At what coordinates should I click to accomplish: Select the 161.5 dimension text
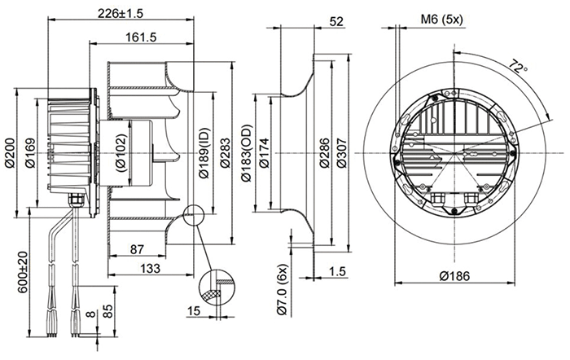click(142, 37)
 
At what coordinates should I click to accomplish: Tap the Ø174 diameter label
click(263, 152)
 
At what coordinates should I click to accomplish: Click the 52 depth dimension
click(336, 22)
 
